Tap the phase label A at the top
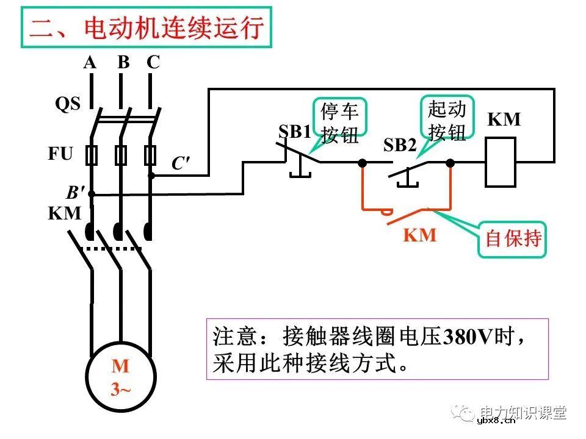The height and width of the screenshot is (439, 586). click(x=90, y=62)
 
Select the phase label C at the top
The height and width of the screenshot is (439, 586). click(x=153, y=62)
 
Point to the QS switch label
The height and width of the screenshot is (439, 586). click(x=68, y=104)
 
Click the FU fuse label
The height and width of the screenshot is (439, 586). click(x=60, y=153)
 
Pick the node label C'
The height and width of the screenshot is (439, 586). click(x=180, y=163)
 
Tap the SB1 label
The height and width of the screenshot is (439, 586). click(x=294, y=132)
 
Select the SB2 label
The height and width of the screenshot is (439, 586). click(x=400, y=145)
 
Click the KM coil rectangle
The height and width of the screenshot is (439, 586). click(x=501, y=162)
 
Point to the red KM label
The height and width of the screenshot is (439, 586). click(x=420, y=235)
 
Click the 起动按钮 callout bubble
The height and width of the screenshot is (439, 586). click(x=447, y=121)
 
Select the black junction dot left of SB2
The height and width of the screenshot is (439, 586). click(x=363, y=163)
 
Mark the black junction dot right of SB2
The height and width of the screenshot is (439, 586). click(x=450, y=163)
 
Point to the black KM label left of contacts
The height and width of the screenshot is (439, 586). click(x=64, y=213)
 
